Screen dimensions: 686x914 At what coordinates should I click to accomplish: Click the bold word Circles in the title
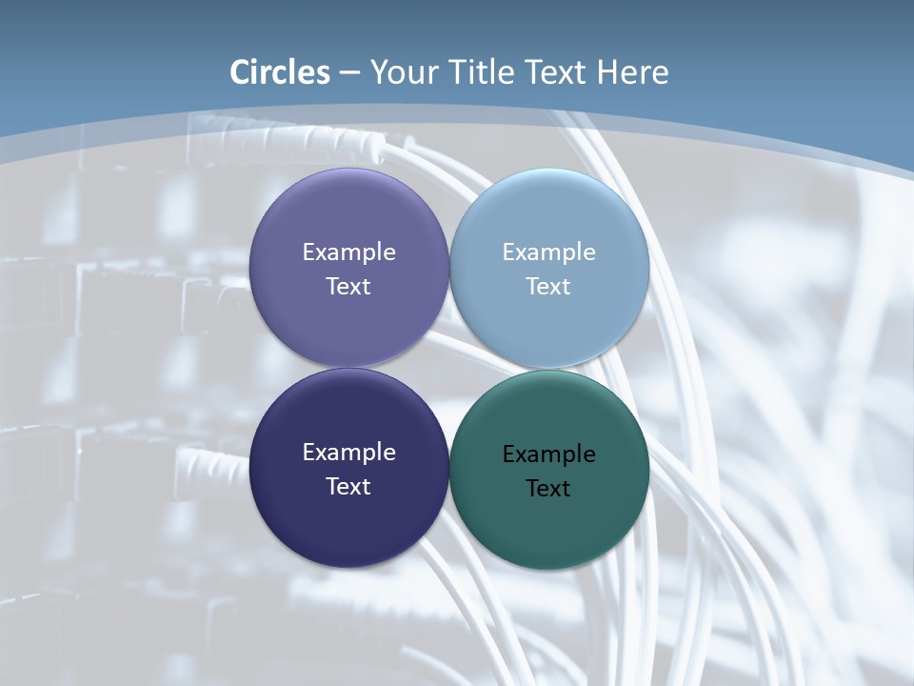click(x=280, y=72)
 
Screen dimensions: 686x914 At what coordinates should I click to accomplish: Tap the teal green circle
click(x=549, y=524)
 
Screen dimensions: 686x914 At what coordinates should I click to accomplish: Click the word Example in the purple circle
click(x=348, y=252)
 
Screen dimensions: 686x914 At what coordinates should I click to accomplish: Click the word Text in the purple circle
click(x=348, y=287)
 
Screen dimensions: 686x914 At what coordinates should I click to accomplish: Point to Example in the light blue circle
click(x=548, y=252)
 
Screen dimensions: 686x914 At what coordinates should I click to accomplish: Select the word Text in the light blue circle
click(x=548, y=287)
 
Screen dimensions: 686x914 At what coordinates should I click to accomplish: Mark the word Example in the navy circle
click(x=348, y=453)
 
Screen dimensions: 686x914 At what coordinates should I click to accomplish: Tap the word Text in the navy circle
click(x=348, y=487)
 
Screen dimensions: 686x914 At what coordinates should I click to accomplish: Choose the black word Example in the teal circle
click(x=548, y=454)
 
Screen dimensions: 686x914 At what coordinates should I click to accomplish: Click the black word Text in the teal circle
click(x=548, y=489)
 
